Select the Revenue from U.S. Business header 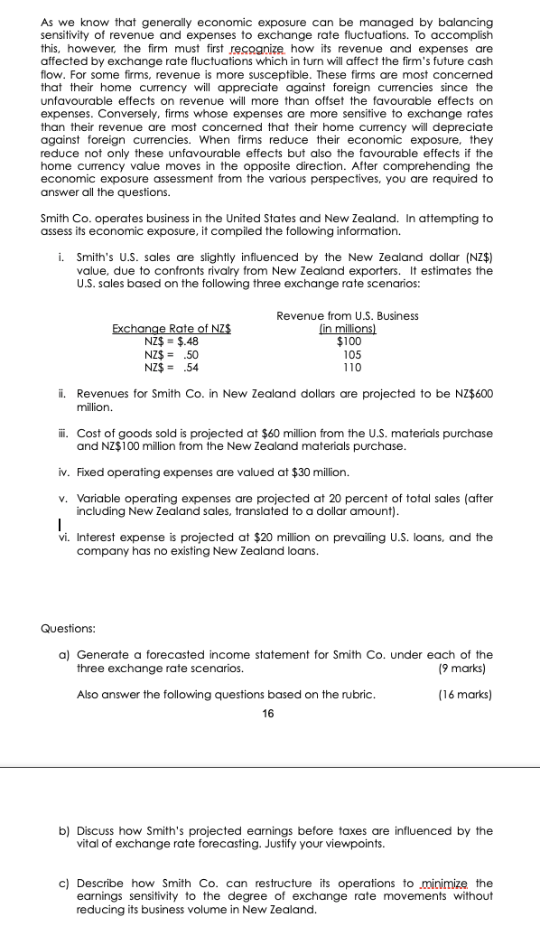(347, 316)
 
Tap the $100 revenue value (349, 342)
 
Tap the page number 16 (267, 714)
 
